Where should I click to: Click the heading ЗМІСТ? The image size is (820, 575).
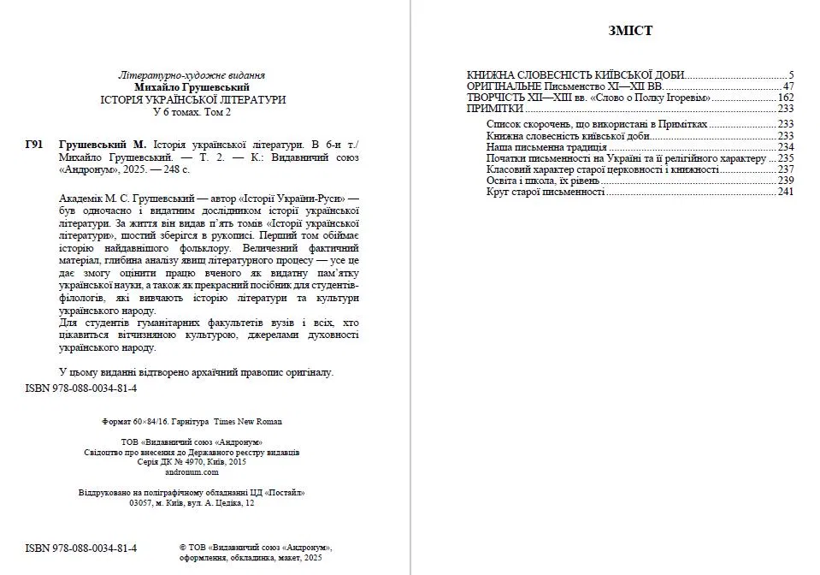[x=630, y=31]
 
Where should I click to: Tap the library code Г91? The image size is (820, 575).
[x=34, y=145]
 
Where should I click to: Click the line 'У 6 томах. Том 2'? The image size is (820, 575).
[x=191, y=112]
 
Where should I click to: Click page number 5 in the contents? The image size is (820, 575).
[x=792, y=74]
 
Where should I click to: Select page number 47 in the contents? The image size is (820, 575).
[x=789, y=86]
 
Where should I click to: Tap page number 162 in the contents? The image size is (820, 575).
[x=787, y=98]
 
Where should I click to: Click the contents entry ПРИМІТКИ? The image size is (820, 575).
[x=495, y=110]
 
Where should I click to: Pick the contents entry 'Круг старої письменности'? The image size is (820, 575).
[x=546, y=192]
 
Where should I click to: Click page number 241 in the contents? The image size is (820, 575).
[x=787, y=192]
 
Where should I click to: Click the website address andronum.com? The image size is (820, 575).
[x=192, y=471]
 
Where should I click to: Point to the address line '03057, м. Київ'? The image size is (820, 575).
[x=191, y=504]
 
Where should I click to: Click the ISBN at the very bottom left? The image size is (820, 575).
[x=81, y=548]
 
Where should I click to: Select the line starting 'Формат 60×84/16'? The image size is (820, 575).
[x=192, y=421]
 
